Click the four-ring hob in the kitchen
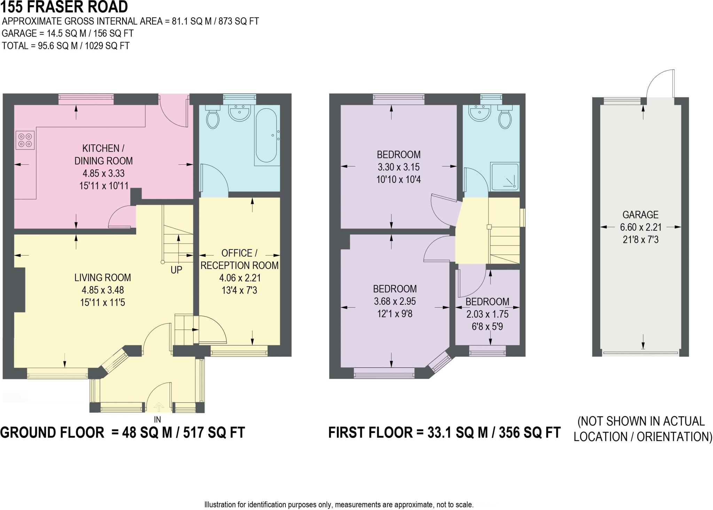tap(25, 140)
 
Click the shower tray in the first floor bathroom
tap(504, 177)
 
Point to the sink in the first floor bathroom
tap(480, 113)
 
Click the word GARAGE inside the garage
tap(640, 215)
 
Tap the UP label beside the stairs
tap(176, 270)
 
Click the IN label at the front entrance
tap(158, 420)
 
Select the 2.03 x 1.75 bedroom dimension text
tap(487, 314)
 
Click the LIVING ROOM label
tap(103, 278)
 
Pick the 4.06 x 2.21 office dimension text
tap(240, 278)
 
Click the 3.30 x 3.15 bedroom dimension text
tap(399, 167)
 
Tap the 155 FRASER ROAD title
tap(64, 7)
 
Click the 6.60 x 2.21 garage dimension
tap(641, 227)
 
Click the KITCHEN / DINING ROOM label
tap(103, 155)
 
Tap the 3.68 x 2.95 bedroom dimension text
tap(395, 301)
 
